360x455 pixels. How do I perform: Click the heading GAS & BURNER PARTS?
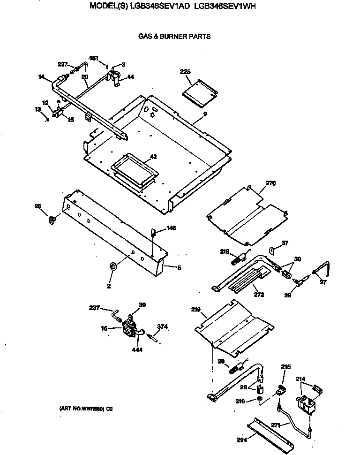click(174, 36)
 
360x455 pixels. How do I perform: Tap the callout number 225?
click(186, 72)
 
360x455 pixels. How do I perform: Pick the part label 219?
click(196, 310)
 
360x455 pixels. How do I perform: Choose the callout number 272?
click(259, 295)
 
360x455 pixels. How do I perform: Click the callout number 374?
click(163, 326)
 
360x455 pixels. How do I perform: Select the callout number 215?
click(286, 367)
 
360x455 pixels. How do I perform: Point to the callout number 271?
click(277, 425)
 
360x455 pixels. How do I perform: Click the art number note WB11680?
click(86, 409)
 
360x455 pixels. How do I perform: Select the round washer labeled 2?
click(113, 266)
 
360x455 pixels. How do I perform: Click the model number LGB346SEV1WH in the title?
click(227, 6)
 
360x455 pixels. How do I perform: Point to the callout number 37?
click(285, 243)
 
